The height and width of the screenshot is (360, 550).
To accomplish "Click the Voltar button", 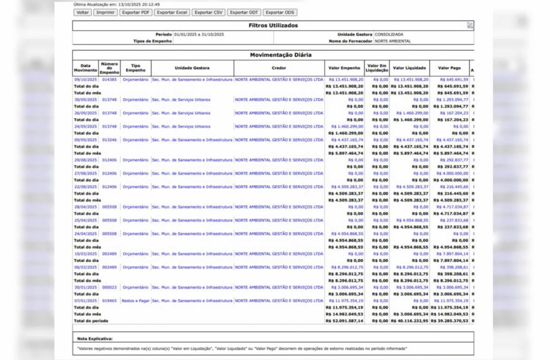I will pos(83,12).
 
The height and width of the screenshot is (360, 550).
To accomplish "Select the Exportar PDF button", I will pos(135,12).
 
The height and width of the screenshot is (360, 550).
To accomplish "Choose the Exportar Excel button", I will pos(172,12).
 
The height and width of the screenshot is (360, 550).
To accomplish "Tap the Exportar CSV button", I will pos(208,12).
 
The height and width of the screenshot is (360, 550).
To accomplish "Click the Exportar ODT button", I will pos(244,12).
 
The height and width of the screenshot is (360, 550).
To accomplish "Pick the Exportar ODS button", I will pos(280,12).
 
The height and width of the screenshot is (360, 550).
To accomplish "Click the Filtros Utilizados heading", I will pos(273,25).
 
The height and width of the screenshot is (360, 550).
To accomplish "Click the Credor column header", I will pos(279,68).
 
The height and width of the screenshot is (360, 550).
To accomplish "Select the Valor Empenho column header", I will pos(344,68).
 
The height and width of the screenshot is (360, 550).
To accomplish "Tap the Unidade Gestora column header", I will pos(192,68).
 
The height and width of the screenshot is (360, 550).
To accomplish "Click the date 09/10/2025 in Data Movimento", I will pos(85,80).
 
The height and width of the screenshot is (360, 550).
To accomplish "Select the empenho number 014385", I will pos(109,80).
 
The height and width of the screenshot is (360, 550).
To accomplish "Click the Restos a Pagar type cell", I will pos(135,301).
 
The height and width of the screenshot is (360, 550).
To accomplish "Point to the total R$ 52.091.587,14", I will pos(344,321).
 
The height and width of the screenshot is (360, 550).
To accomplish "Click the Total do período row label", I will pos(91,321).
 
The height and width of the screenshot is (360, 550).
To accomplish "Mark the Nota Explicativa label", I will pos(95,339).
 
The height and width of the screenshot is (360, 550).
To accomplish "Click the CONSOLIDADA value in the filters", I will pos(389,34).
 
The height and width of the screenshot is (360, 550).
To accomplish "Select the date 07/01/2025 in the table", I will pos(85,301).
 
